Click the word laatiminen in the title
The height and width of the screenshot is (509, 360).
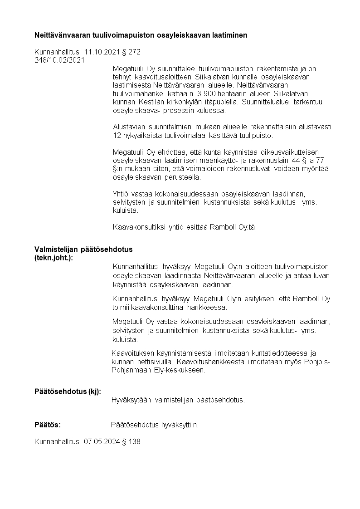click(x=231, y=35)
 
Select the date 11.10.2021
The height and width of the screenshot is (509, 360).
click(x=102, y=52)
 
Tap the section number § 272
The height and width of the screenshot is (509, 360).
click(x=132, y=52)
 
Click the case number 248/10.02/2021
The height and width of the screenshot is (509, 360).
click(x=59, y=59)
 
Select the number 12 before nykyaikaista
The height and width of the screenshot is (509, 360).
click(x=117, y=135)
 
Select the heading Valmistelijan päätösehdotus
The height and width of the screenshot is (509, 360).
click(x=83, y=249)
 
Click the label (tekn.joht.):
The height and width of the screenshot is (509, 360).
click(x=54, y=257)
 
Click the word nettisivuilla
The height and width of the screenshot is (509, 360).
click(x=155, y=362)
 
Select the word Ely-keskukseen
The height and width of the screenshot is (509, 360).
click(x=181, y=370)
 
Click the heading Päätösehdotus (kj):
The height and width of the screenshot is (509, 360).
click(x=68, y=392)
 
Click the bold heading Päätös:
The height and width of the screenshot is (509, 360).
click(x=48, y=425)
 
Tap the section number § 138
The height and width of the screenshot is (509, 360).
click(x=131, y=441)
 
